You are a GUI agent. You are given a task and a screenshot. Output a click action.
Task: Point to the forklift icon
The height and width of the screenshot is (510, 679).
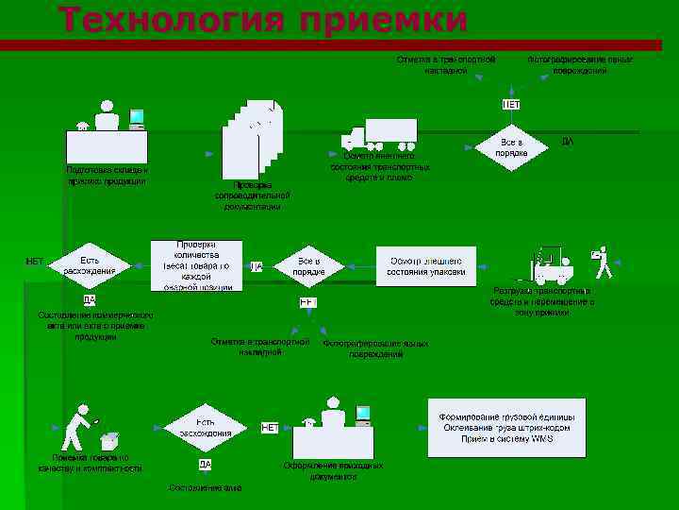pos(552,265)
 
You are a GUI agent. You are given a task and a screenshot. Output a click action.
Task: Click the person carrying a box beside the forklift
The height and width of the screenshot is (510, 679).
pos(602,263)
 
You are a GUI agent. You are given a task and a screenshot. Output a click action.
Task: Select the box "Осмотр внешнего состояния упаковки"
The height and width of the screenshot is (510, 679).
pos(426,265)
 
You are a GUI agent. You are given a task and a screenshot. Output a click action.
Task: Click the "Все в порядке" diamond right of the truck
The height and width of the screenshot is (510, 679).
pos(510,147)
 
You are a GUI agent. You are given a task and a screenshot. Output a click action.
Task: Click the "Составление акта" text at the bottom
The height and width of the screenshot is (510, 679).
pos(205,487)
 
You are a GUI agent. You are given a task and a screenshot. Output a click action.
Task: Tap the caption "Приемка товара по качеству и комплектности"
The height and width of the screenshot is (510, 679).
pos(91,462)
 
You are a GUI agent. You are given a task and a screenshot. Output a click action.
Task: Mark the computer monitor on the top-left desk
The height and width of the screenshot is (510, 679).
pos(137,119)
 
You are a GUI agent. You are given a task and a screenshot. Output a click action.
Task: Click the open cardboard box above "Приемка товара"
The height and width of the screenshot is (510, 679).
pos(109,440)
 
